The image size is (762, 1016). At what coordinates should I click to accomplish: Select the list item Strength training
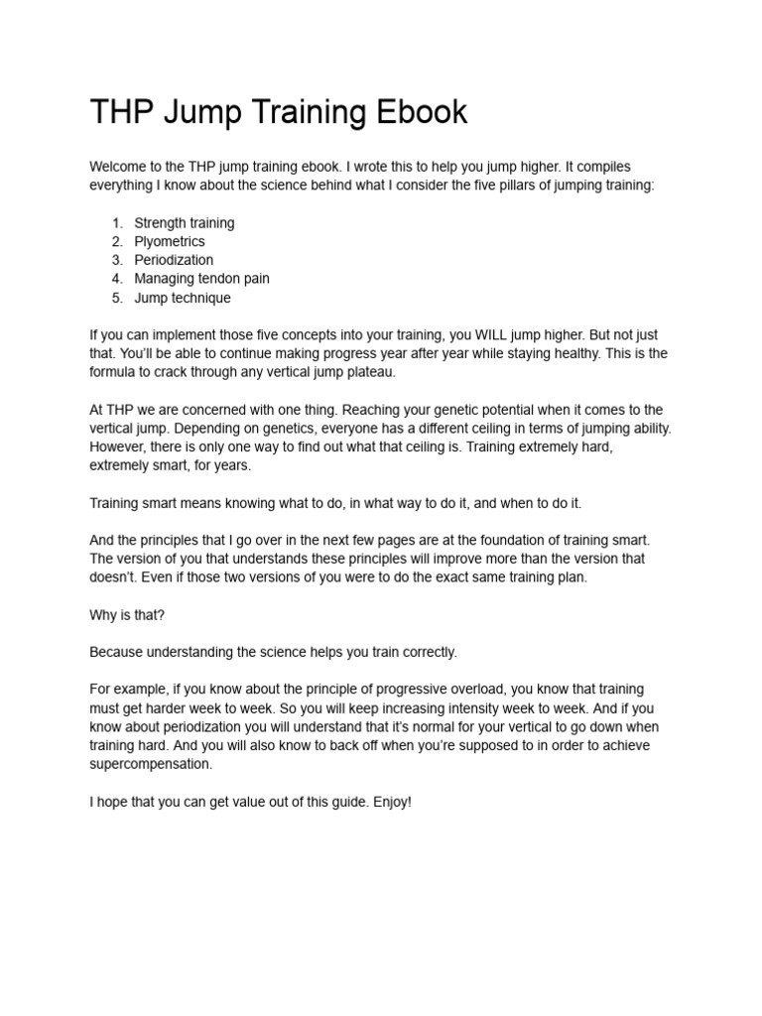185,223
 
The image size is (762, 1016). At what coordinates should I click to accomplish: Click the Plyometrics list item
170,241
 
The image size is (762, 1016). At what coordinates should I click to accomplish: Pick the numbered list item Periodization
174,260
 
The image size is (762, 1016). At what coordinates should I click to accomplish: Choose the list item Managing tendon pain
201,279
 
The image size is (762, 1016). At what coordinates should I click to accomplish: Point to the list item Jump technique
183,298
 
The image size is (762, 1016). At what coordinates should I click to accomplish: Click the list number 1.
116,223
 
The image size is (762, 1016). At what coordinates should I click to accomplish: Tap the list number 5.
116,298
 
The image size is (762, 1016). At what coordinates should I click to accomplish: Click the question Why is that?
127,614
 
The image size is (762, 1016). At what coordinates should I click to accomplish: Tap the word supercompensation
151,764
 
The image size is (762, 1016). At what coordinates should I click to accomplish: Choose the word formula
114,372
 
